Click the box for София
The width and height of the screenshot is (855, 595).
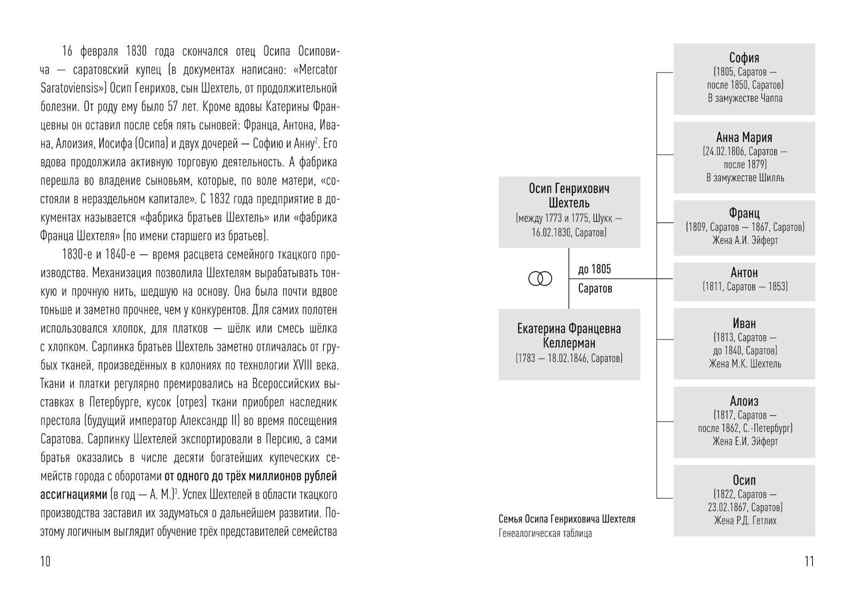tap(744, 79)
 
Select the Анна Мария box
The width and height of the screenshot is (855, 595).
tap(744, 157)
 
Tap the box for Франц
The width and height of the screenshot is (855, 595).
tap(744, 227)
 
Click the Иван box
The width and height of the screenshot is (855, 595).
tap(744, 343)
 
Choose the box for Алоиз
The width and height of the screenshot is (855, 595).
tap(744, 421)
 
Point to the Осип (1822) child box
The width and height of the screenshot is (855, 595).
tap(744, 500)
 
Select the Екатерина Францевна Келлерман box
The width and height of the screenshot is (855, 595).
tap(569, 344)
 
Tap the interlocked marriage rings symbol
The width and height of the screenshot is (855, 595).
tap(540, 279)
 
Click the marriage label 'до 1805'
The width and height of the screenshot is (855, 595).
tap(594, 269)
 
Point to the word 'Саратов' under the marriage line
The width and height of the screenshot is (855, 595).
tap(595, 289)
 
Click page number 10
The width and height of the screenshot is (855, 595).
tap(45, 561)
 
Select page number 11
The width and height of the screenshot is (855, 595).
tap(809, 561)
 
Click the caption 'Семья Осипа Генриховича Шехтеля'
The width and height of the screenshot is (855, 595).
tap(566, 519)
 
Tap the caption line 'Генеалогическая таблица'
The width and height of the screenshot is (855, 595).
tap(545, 533)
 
